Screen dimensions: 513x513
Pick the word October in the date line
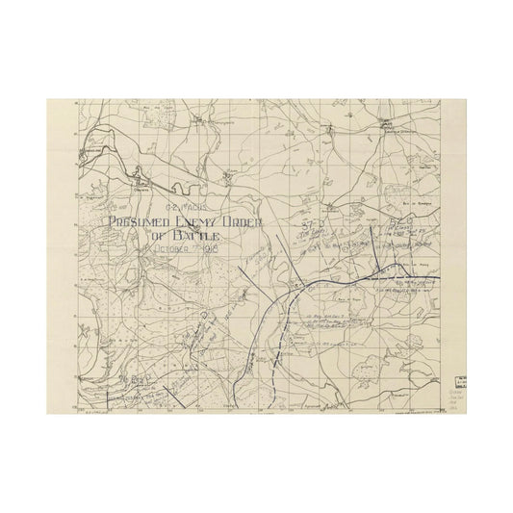(x=170, y=249)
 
